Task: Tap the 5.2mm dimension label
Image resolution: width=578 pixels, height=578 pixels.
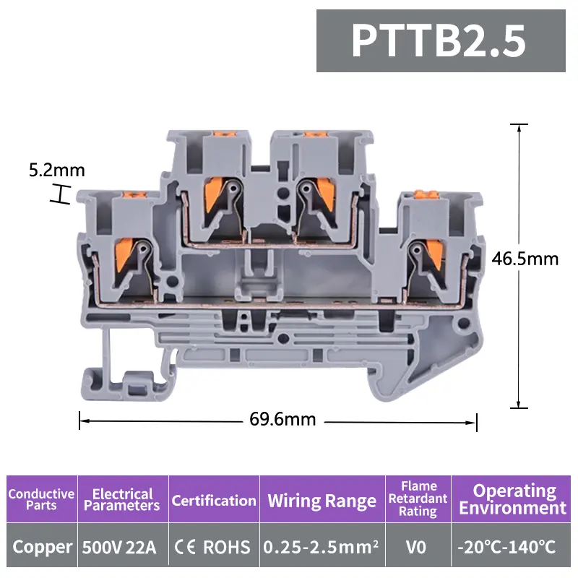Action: click(57, 171)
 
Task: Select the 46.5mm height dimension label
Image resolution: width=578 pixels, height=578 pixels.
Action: click(525, 259)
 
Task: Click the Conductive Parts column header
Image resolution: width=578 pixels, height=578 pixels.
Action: click(41, 499)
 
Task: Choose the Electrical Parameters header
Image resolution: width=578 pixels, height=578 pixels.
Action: click(122, 499)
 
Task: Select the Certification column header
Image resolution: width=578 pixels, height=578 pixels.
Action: click(214, 500)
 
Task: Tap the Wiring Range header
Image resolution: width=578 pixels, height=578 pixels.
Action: click(322, 501)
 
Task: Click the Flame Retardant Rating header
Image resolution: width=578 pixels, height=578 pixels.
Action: click(418, 499)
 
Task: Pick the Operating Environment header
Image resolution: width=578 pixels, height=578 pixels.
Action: click(513, 499)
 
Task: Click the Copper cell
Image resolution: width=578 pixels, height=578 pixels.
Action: click(42, 547)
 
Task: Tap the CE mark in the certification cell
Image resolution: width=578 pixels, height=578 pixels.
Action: click(186, 547)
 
